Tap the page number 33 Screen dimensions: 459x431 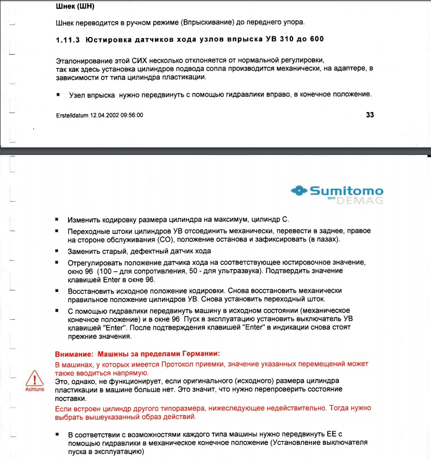click(370, 115)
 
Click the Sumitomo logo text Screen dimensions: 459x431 click(346, 191)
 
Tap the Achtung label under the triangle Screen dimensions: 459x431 click(35, 390)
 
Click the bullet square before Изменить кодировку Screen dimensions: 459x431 click(58, 220)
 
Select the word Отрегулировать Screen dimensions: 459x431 click(93, 263)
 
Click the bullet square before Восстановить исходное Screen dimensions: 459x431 click(58, 291)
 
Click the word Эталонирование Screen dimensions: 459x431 click(83, 58)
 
